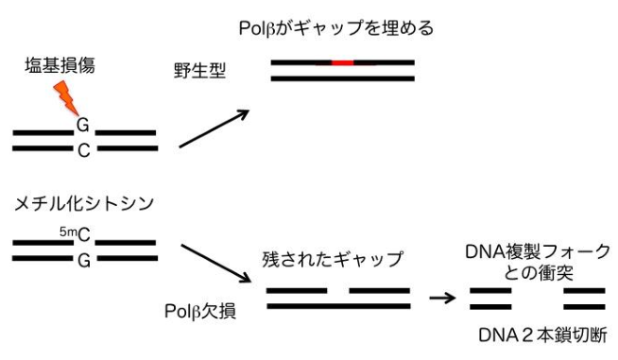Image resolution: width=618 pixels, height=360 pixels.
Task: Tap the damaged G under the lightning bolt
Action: (83, 124)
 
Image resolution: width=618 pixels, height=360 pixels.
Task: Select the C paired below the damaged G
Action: (83, 148)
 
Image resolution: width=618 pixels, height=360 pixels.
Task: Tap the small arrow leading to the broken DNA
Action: (441, 298)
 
